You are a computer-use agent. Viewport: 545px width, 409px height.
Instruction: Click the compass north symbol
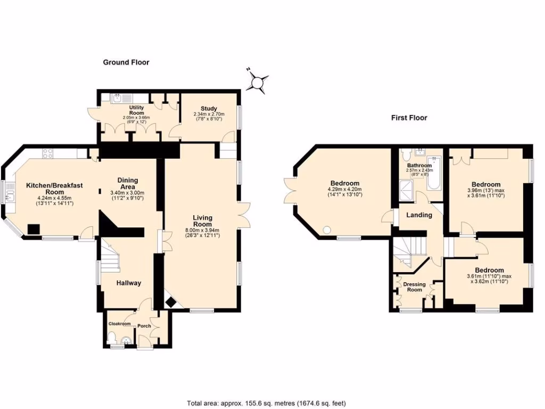coord(259,82)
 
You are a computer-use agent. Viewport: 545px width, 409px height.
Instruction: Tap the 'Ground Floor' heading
coord(126,62)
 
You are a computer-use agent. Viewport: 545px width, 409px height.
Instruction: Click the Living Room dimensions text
coord(202,233)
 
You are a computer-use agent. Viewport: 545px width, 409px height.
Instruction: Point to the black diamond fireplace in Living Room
coord(171,303)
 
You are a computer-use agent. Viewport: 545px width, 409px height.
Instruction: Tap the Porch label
coord(144,326)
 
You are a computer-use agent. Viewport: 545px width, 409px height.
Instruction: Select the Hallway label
coord(129,283)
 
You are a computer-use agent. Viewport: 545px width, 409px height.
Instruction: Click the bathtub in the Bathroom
coord(434,174)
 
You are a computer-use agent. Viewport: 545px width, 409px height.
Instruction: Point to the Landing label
coord(419,215)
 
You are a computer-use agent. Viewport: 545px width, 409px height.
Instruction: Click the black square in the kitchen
coord(33,229)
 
